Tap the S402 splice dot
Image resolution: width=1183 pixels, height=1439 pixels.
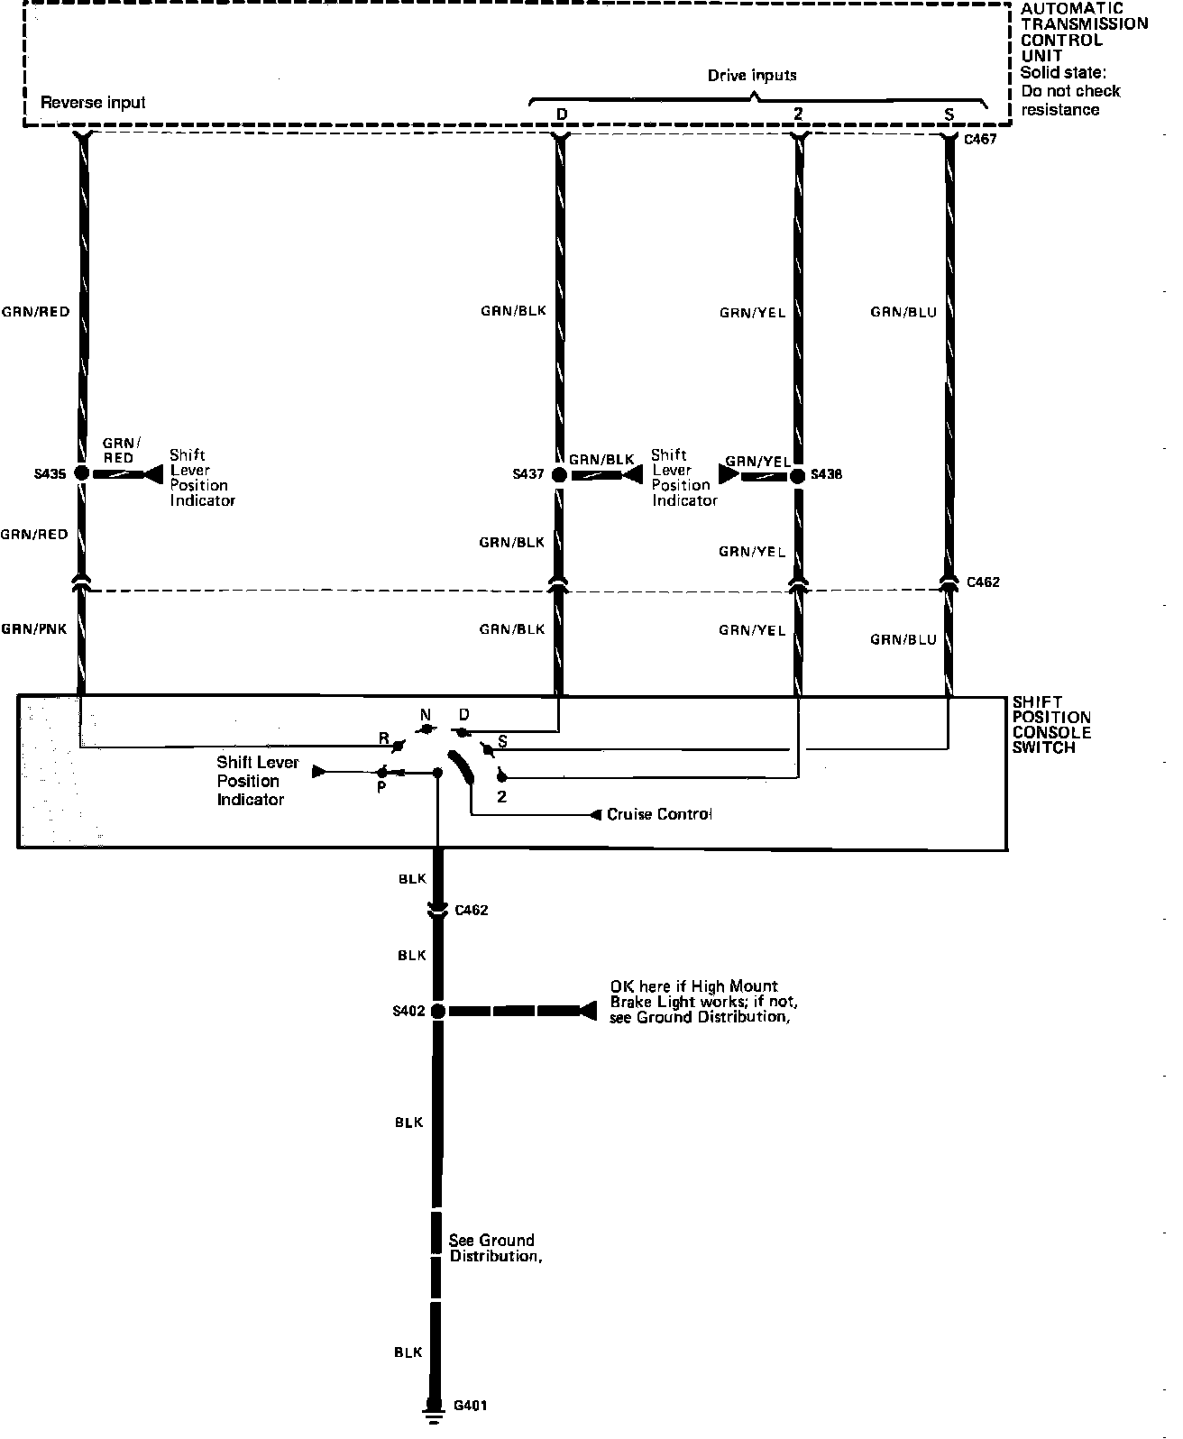click(438, 1011)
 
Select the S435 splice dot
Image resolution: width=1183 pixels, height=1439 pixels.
click(82, 472)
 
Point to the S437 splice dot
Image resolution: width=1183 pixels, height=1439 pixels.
click(559, 475)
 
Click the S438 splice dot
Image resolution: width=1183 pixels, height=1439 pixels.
click(798, 475)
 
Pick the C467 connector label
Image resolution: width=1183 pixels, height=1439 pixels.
click(980, 139)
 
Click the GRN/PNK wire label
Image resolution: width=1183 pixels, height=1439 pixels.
click(34, 629)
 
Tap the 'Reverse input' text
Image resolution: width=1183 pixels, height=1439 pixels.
click(93, 103)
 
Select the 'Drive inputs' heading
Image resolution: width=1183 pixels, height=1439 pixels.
click(752, 75)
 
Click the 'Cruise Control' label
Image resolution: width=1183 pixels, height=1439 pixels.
click(659, 814)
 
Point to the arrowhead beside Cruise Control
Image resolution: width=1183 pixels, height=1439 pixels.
click(596, 815)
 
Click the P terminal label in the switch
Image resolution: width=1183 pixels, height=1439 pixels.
click(381, 788)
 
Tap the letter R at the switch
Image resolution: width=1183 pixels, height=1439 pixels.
click(383, 738)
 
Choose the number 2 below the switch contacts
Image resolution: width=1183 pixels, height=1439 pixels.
click(501, 797)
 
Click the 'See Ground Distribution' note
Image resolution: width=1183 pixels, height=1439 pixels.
click(495, 1248)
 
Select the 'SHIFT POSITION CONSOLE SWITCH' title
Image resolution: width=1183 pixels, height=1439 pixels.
click(1051, 725)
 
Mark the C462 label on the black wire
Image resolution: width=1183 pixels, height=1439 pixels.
click(472, 911)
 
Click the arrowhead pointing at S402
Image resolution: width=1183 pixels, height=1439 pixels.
click(588, 1011)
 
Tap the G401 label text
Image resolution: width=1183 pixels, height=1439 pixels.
click(470, 1406)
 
